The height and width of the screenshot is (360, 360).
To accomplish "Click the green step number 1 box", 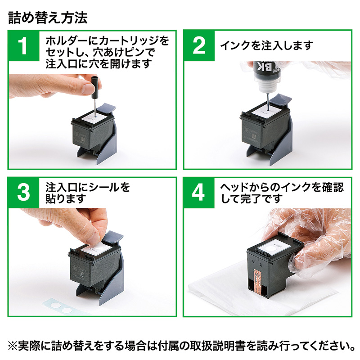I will coord(24,46).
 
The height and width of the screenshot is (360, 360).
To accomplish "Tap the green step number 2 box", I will coord(199,46).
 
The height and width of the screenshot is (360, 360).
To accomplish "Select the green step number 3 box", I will coord(24,193).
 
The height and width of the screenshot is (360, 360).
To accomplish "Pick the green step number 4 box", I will coord(199,193).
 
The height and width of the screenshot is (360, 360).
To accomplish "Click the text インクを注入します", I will coord(266,46).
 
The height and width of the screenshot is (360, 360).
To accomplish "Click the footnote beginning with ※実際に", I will coord(180,346).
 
